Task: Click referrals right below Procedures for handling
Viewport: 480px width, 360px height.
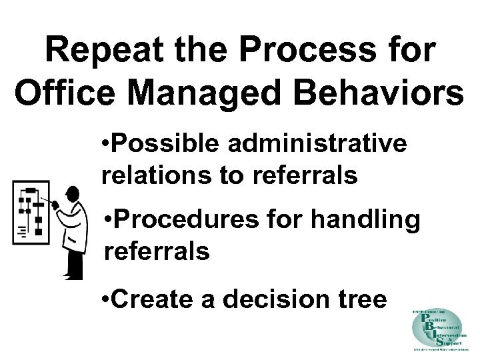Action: click(157, 251)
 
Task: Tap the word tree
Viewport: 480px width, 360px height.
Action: click(361, 299)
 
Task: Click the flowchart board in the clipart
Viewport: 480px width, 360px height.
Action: click(30, 213)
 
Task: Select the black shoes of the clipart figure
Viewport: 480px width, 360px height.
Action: click(73, 271)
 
